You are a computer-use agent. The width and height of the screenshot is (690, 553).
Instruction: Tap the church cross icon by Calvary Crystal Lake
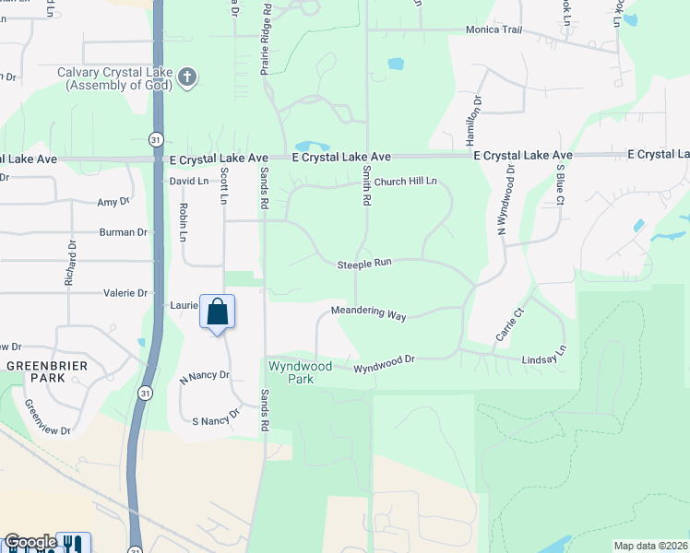pos(187,76)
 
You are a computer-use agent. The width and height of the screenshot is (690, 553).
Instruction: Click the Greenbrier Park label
pos(35,371)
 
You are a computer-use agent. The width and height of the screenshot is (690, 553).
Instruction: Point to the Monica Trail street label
pos(494,29)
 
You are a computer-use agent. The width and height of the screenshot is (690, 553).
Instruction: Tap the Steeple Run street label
pos(364,263)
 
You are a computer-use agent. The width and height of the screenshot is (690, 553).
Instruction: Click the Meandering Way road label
pos(368,313)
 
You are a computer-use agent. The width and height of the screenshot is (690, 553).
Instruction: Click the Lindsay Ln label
pos(543,357)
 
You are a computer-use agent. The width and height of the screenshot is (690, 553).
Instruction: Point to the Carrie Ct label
pos(508,325)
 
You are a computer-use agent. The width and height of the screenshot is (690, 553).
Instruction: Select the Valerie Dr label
pos(128,293)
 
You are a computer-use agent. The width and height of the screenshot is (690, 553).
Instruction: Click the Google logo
pos(30,543)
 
